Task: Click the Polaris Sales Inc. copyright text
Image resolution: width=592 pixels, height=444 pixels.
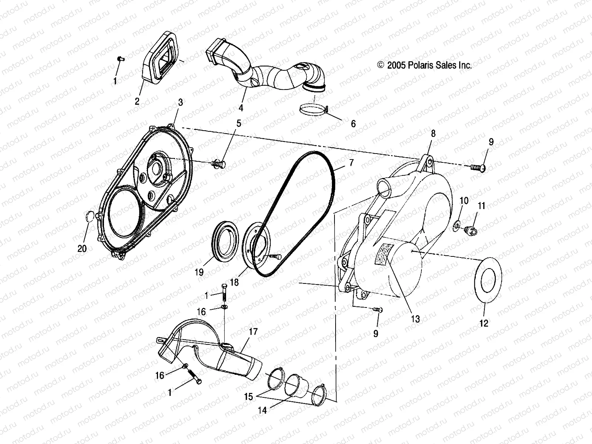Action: tap(424, 65)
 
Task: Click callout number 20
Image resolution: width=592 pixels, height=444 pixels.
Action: tap(82, 248)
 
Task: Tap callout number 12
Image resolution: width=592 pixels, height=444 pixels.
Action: tap(484, 323)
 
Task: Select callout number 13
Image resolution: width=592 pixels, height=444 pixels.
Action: tap(416, 319)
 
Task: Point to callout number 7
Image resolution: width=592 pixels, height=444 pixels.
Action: tap(351, 162)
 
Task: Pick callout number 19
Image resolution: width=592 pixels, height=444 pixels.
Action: tap(199, 272)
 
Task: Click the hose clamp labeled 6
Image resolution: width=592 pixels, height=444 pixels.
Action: tap(312, 110)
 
